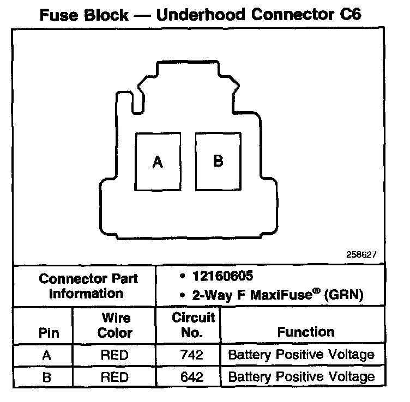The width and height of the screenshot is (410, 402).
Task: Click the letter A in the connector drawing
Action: [158, 162]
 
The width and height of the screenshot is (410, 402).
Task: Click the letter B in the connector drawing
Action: [218, 161]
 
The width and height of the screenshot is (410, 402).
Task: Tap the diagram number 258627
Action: [360, 254]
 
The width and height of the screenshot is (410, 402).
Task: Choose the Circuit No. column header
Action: [194, 325]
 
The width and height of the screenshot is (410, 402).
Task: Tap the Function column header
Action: [306, 332]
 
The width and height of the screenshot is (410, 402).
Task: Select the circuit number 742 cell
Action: [191, 356]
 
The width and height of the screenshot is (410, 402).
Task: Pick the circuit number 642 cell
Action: [191, 376]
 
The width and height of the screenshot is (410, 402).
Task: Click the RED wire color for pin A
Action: [114, 356]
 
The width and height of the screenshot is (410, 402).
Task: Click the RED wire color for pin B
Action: [114, 376]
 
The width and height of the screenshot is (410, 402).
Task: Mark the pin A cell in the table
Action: [46, 356]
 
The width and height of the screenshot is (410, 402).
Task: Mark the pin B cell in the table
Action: [46, 376]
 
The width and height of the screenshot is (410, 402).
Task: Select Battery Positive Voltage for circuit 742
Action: [301, 355]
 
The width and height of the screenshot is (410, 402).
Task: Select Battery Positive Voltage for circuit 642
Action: [301, 376]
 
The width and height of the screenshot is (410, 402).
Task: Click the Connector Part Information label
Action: [88, 286]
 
